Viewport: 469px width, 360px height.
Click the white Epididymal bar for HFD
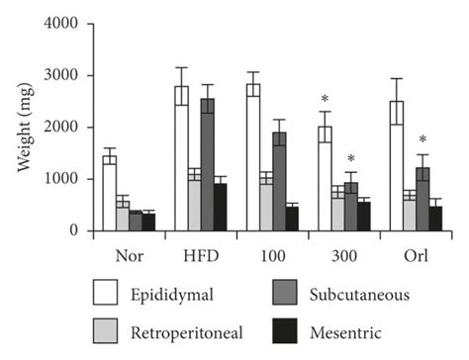pyautogui.click(x=181, y=158)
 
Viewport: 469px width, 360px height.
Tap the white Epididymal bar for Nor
pyautogui.click(x=110, y=193)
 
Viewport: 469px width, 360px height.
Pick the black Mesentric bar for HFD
pyautogui.click(x=220, y=207)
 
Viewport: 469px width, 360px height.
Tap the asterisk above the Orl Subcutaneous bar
pyautogui.click(x=422, y=139)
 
